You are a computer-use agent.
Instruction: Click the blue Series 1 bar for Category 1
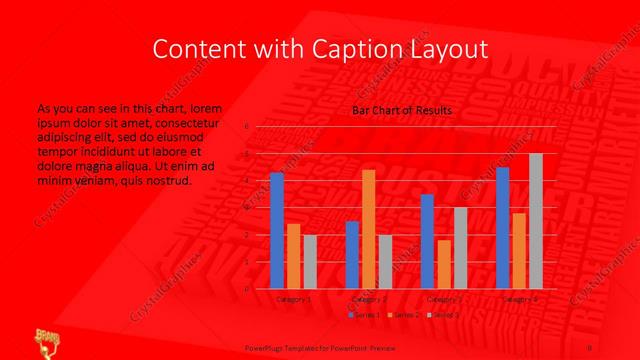click(277, 231)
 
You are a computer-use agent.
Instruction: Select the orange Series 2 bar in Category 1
click(293, 256)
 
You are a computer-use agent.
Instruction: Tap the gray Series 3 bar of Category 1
click(310, 262)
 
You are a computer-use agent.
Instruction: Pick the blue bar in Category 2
click(352, 255)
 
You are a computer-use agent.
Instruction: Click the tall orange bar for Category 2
click(369, 229)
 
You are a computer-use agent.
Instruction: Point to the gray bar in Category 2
click(385, 262)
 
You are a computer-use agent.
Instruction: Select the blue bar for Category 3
click(427, 241)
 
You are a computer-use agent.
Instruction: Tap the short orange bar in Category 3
click(443, 264)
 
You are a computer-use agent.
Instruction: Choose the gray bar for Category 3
click(460, 248)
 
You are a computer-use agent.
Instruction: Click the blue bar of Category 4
click(502, 228)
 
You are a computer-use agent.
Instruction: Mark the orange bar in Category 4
click(518, 251)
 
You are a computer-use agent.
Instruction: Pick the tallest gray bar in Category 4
click(535, 221)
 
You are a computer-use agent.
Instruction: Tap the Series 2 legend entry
click(403, 315)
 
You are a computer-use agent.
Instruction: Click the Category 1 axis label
click(293, 298)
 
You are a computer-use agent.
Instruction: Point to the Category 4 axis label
click(518, 298)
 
